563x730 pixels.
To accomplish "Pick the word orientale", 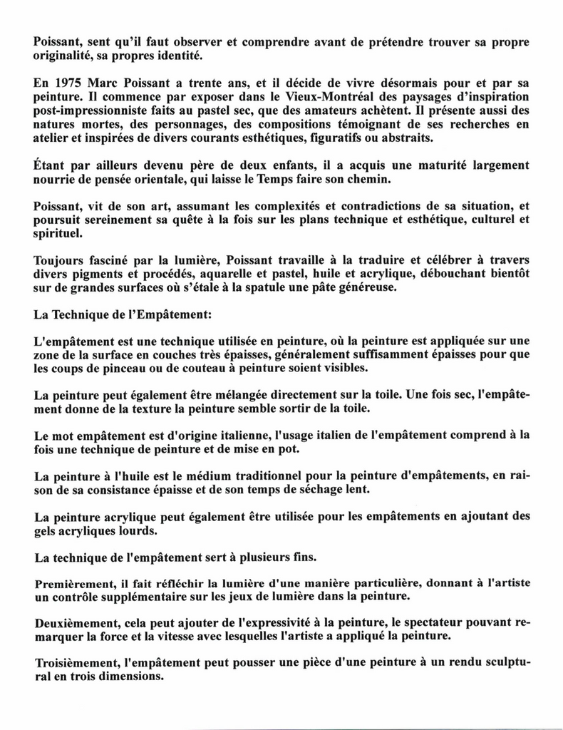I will [192, 180].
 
